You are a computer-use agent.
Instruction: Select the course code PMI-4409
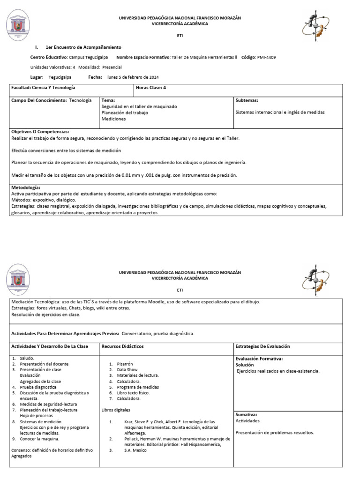[266, 58]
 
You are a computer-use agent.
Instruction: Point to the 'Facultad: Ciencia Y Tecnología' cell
[43, 88]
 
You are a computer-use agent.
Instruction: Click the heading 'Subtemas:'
[247, 100]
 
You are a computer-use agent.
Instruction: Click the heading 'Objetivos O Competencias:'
[40, 132]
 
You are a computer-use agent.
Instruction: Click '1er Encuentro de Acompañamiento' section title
[83, 47]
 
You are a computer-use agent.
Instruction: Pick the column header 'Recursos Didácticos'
[122, 346]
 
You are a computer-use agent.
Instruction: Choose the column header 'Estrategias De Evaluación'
[262, 346]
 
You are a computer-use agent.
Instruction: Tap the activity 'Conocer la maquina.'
[40, 439]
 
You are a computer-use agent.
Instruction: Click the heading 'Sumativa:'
[246, 414]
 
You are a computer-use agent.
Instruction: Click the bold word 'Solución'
[245, 365]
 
